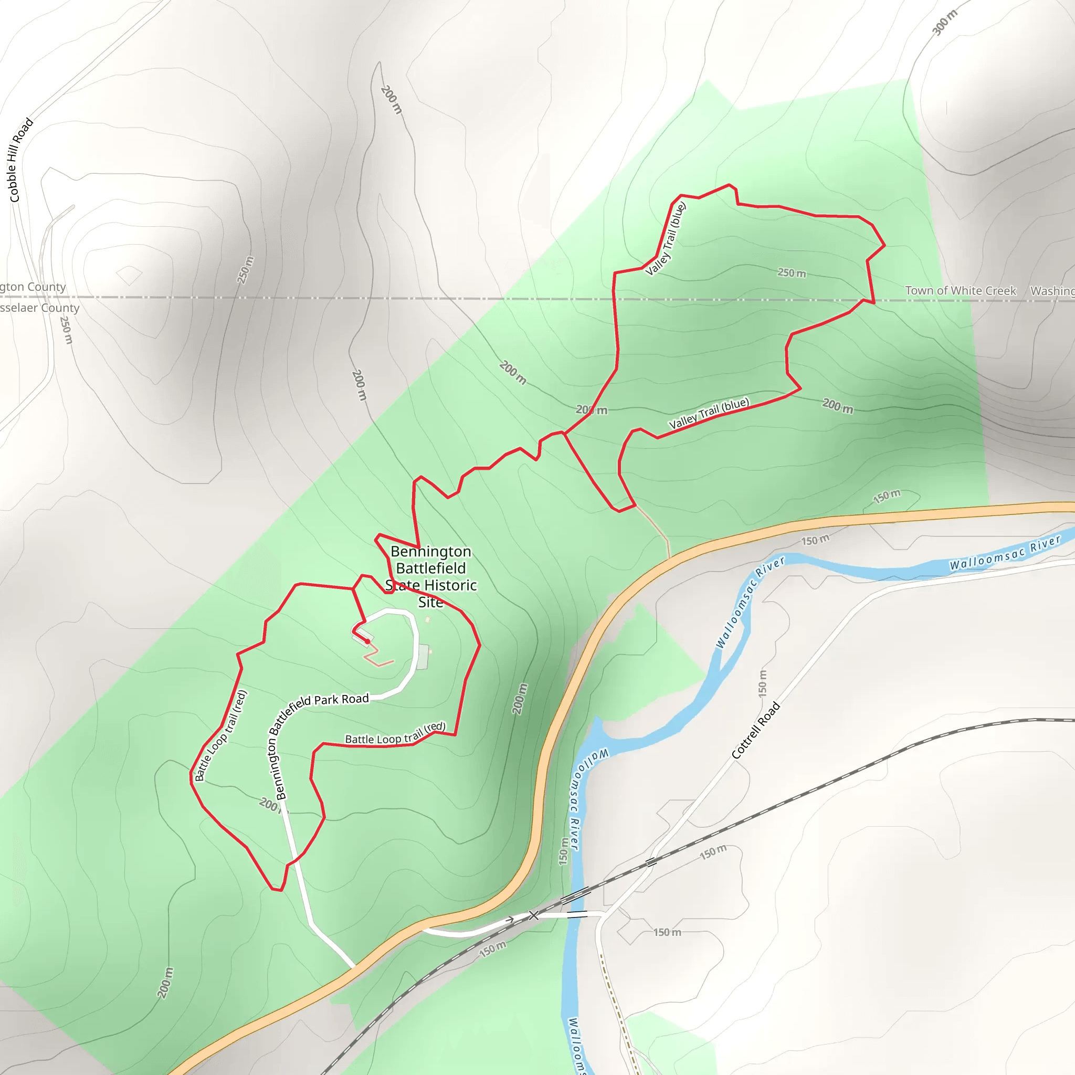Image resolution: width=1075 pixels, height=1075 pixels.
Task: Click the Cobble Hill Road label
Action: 20,160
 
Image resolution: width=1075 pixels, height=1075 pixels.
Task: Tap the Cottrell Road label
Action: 756,731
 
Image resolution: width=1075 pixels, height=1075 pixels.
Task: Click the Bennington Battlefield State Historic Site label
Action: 431,576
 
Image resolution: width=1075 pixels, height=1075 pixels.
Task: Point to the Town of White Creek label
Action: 961,290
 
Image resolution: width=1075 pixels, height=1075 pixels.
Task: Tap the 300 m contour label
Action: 945,22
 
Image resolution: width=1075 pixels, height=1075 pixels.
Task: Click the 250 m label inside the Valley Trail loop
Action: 792,272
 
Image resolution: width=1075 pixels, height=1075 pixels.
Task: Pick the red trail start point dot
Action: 368,641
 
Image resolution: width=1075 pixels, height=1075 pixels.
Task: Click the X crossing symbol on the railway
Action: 534,915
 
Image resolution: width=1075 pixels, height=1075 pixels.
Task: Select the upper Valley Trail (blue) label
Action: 666,239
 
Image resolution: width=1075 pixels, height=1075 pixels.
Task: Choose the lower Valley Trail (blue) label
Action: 709,413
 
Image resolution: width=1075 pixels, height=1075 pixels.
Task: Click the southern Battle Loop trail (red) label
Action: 395,734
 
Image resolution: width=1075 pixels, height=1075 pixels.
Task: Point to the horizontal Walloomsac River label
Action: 1005,553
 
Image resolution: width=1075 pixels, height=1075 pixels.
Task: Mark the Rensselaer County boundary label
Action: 39,308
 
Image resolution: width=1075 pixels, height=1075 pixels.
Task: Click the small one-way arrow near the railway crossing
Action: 509,920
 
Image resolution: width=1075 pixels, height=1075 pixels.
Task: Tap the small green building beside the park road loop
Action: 423,657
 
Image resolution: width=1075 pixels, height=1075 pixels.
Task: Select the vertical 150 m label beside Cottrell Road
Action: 762,683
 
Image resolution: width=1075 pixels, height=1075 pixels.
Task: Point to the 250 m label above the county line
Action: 245,270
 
